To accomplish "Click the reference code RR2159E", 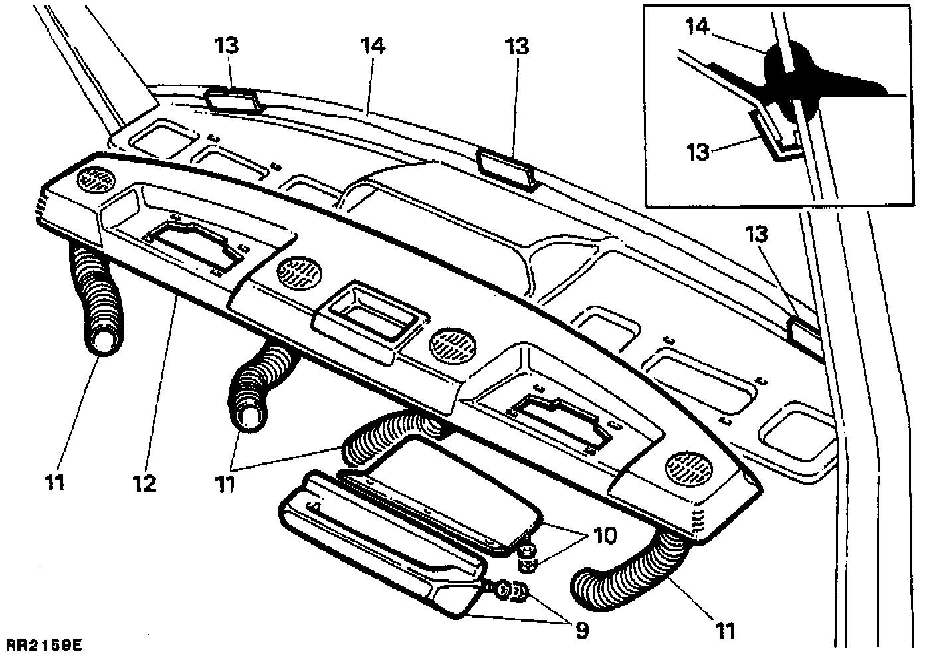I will [45, 645].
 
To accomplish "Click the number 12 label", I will [144, 483].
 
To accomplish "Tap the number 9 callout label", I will [581, 630].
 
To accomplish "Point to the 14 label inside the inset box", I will [698, 27].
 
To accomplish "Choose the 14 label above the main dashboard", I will [373, 47].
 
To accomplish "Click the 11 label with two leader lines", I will [225, 484].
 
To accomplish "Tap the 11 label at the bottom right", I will [726, 630].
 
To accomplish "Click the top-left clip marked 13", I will [232, 99].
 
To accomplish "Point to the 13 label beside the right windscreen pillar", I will [756, 234].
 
